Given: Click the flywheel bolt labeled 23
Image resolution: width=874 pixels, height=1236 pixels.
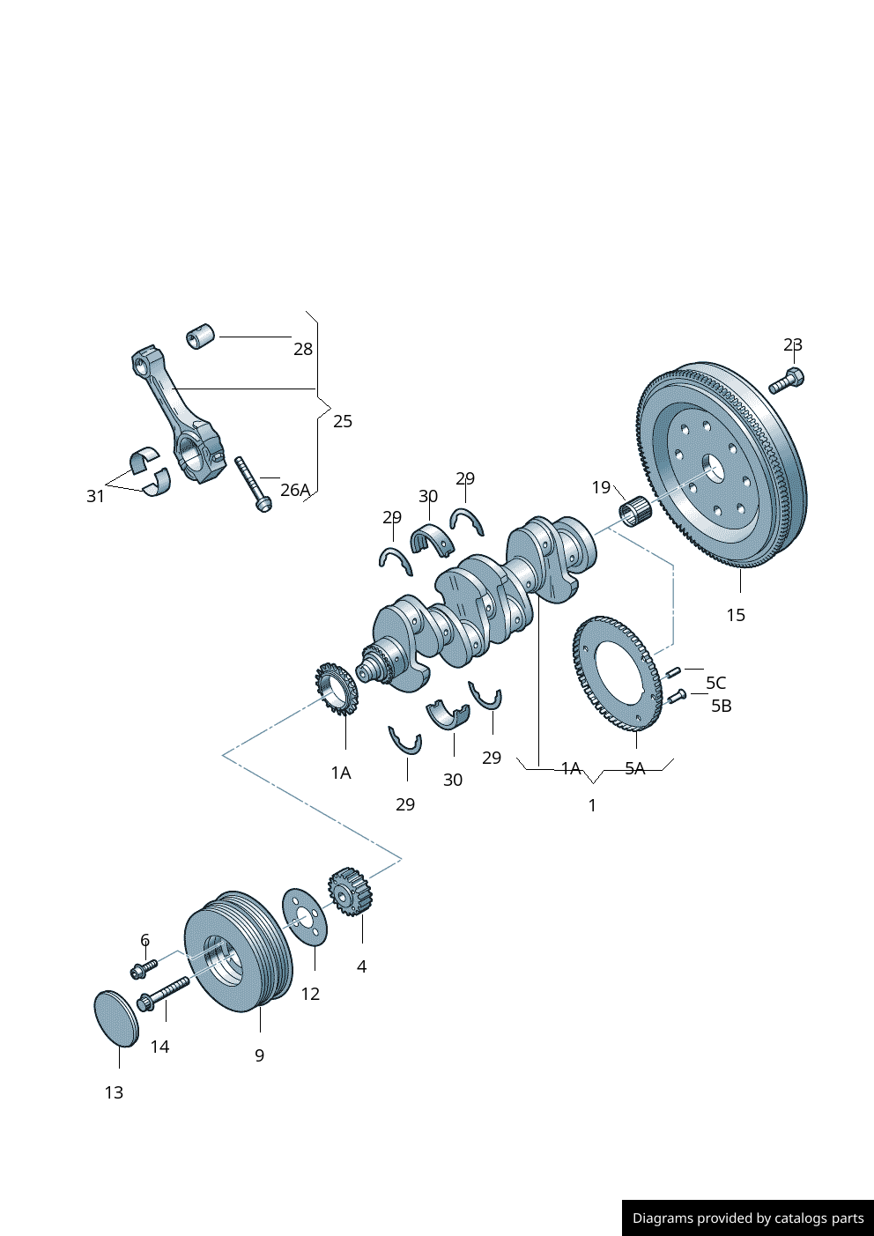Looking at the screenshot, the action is click(x=787, y=381).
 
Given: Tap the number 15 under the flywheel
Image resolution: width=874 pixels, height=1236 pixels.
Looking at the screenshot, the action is click(x=736, y=615).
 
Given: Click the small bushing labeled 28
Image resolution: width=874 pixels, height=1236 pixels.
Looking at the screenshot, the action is click(x=200, y=336).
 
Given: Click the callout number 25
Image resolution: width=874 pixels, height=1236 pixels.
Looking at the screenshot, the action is click(x=343, y=421).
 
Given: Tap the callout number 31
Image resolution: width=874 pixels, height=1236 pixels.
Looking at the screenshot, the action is click(x=95, y=496).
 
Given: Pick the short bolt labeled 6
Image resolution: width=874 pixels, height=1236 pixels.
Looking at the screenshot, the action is click(x=144, y=968).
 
